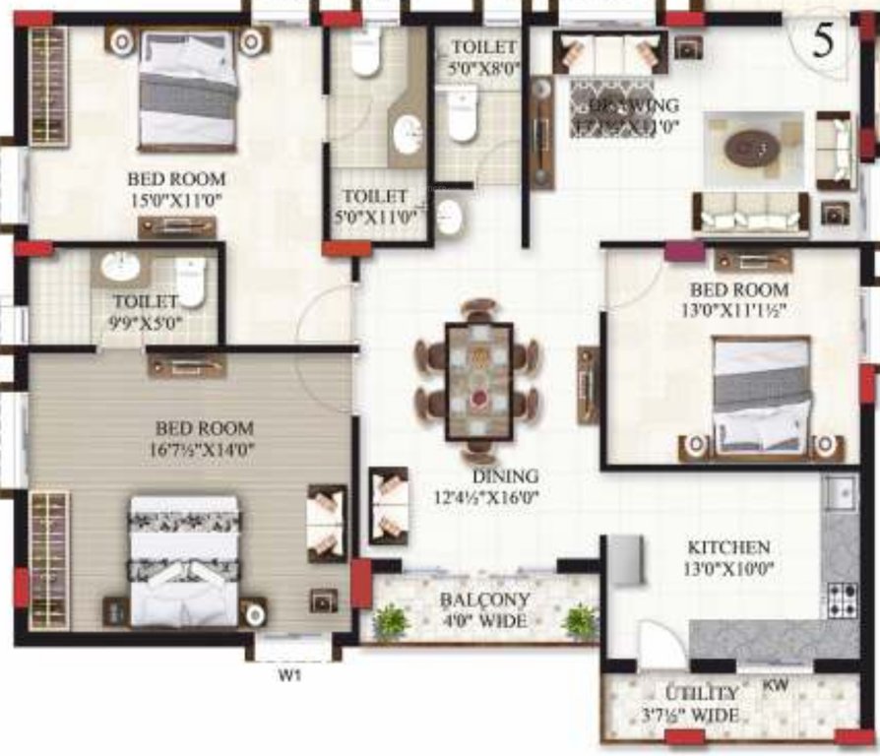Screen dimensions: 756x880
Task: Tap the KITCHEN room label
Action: click(x=728, y=547)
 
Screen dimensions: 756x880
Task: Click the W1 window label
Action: click(x=287, y=676)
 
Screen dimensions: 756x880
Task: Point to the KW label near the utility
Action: click(x=776, y=682)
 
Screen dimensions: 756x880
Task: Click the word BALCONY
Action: click(x=485, y=599)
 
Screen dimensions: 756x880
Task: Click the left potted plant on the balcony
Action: click(x=391, y=621)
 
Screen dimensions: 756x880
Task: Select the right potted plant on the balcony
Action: click(x=580, y=621)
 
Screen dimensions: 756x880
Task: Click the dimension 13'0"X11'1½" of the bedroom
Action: click(x=738, y=310)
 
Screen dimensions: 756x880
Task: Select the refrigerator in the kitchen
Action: click(x=625, y=561)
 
